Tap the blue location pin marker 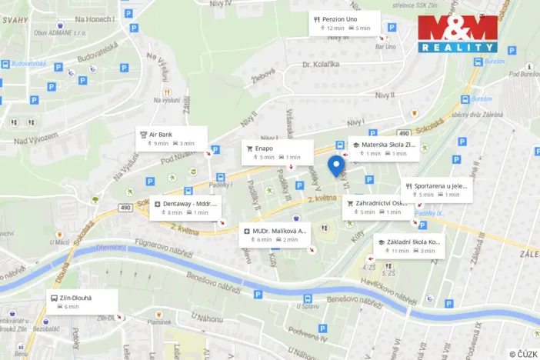tap(335, 165)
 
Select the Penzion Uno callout tap(345, 23)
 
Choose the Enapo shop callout tap(278, 152)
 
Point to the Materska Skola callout tap(384, 148)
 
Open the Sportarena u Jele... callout tap(436, 190)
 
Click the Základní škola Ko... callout tap(408, 245)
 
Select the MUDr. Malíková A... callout tap(275, 234)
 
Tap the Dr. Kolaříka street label tap(322, 64)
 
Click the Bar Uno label tap(385, 47)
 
